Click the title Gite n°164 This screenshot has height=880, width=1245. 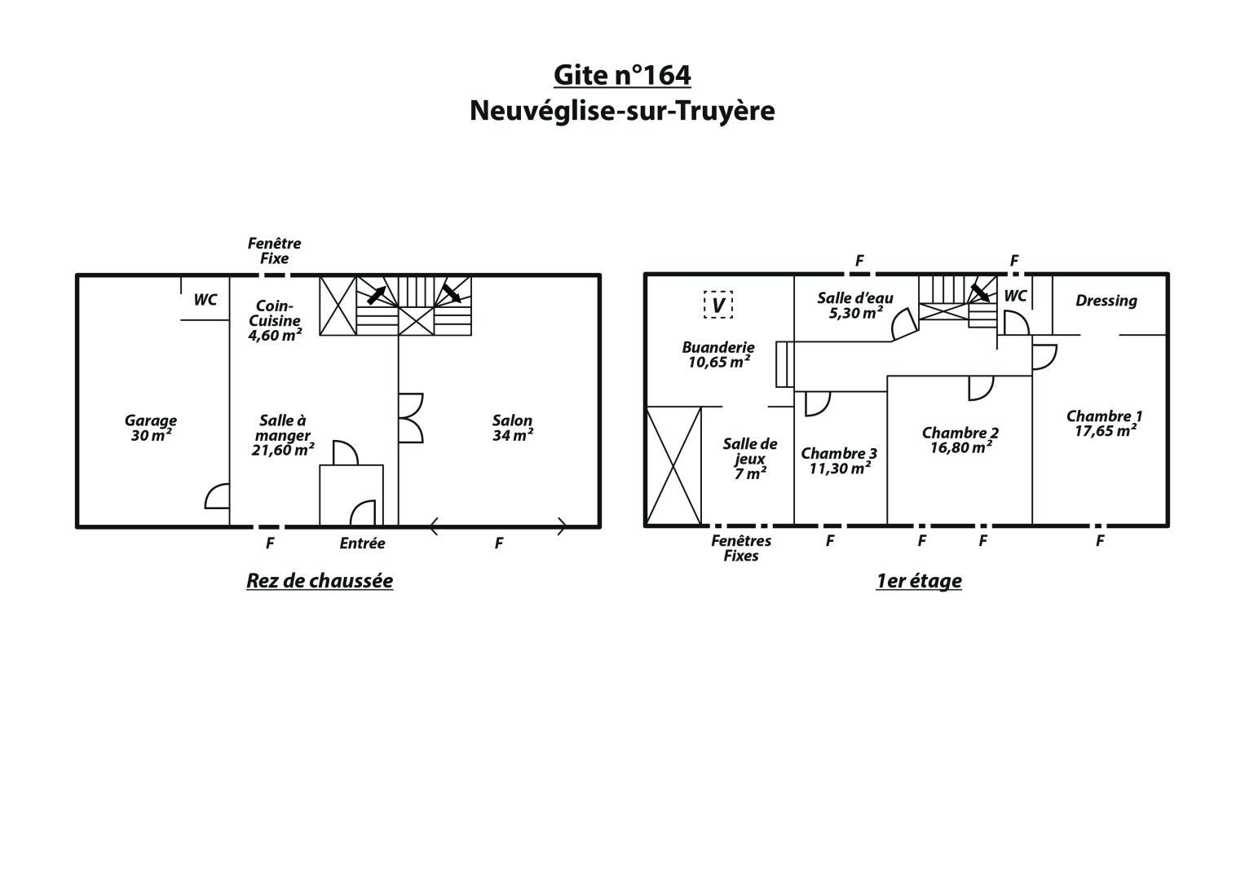click(622, 76)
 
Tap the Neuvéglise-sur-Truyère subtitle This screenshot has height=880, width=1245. click(622, 111)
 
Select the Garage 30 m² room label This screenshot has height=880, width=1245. click(151, 428)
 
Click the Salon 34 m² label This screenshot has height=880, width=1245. click(513, 428)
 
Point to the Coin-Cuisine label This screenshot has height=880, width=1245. click(275, 320)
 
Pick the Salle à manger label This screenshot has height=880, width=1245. click(283, 435)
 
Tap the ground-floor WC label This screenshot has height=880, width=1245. click(205, 300)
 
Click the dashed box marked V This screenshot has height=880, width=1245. click(718, 305)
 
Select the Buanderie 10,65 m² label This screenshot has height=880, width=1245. click(718, 354)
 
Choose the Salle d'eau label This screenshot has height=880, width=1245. click(855, 306)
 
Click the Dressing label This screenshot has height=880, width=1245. click(1106, 301)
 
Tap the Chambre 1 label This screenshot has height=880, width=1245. click(1105, 424)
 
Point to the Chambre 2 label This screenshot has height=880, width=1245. click(960, 440)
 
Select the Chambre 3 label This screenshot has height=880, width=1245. click(839, 461)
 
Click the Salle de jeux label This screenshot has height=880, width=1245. click(750, 459)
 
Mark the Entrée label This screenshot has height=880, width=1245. click(362, 543)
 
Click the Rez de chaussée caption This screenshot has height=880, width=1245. click(320, 580)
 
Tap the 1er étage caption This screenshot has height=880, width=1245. click(919, 580)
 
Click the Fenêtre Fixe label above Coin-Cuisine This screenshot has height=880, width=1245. click(275, 251)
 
